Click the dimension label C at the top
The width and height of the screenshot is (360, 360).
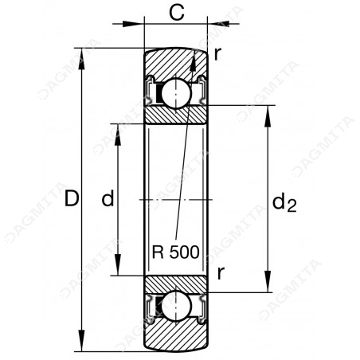pyautogui.click(x=177, y=13)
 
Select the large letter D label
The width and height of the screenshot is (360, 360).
pyautogui.click(x=72, y=198)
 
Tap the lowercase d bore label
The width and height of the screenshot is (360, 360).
pyautogui.click(x=108, y=198)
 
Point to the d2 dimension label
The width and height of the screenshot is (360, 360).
pyautogui.click(x=284, y=202)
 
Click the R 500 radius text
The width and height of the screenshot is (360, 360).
pyautogui.click(x=175, y=252)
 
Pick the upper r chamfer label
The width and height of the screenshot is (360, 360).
pyautogui.click(x=217, y=55)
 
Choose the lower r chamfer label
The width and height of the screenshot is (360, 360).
pyautogui.click(x=221, y=274)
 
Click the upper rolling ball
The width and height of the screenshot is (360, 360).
pyautogui.click(x=176, y=93)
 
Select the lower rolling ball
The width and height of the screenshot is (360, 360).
pyautogui.click(x=176, y=306)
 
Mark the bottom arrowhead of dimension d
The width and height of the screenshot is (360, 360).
pyautogui.click(x=118, y=264)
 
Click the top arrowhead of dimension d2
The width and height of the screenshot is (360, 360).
pyautogui.click(x=268, y=116)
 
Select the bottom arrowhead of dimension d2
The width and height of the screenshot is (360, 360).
pyautogui.click(x=268, y=281)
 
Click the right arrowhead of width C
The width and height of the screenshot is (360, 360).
pyautogui.click(x=218, y=24)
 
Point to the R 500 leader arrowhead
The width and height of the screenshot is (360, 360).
pyautogui.click(x=194, y=61)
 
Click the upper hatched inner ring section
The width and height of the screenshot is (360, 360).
pyautogui.click(x=176, y=114)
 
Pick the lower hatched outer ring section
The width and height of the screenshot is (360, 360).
pyautogui.click(x=176, y=335)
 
